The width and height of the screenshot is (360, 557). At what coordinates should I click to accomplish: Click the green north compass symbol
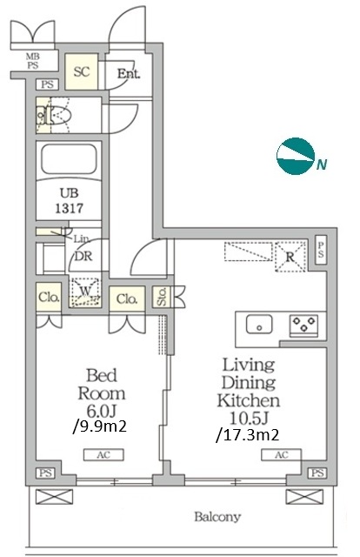[296, 156]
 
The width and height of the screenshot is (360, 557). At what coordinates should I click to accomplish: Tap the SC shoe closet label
[81, 71]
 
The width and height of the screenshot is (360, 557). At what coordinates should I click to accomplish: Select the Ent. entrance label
[129, 73]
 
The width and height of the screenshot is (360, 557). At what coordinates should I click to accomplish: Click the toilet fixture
[54, 115]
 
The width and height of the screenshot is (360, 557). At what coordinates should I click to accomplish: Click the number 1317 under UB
[70, 208]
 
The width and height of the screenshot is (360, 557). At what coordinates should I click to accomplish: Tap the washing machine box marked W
[85, 292]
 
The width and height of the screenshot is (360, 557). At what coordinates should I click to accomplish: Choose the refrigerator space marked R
[290, 257]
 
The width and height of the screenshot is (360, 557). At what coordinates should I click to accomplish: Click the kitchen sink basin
[259, 325]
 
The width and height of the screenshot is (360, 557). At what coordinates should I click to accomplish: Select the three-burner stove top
[303, 325]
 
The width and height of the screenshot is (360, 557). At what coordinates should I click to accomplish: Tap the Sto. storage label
[162, 297]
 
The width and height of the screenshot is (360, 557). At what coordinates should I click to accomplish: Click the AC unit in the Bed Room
[103, 454]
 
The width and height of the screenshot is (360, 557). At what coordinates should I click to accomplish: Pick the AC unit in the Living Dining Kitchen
[282, 454]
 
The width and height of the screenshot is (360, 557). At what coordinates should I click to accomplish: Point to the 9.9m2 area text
[100, 426]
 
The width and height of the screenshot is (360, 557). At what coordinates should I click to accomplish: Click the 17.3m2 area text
[248, 434]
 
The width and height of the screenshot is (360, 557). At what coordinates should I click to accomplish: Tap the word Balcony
[217, 516]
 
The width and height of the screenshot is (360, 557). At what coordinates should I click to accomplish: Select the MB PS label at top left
[33, 61]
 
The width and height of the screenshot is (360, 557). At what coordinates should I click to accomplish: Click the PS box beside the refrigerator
[321, 250]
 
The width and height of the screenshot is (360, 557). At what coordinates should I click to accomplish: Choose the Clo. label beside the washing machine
[49, 297]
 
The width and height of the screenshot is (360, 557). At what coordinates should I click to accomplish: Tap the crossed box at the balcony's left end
[54, 496]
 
